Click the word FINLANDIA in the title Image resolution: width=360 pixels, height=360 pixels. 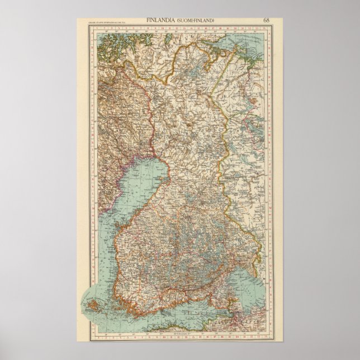pyautogui.click(x=161, y=21)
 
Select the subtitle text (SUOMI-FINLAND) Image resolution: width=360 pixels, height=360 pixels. pyautogui.click(x=196, y=21)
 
